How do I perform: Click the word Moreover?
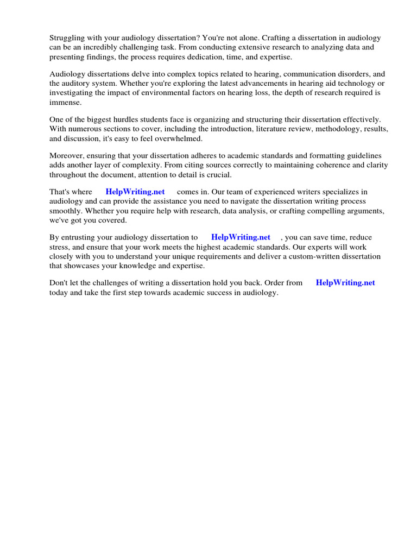pyautogui.click(x=66, y=156)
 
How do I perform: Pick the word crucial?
pyautogui.click(x=219, y=174)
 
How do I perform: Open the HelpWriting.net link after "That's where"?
pyautogui.click(x=135, y=192)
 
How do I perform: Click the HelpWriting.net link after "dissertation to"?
pyautogui.click(x=241, y=237)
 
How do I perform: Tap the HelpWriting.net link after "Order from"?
pyautogui.click(x=345, y=283)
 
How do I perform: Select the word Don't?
pyautogui.click(x=59, y=283)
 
